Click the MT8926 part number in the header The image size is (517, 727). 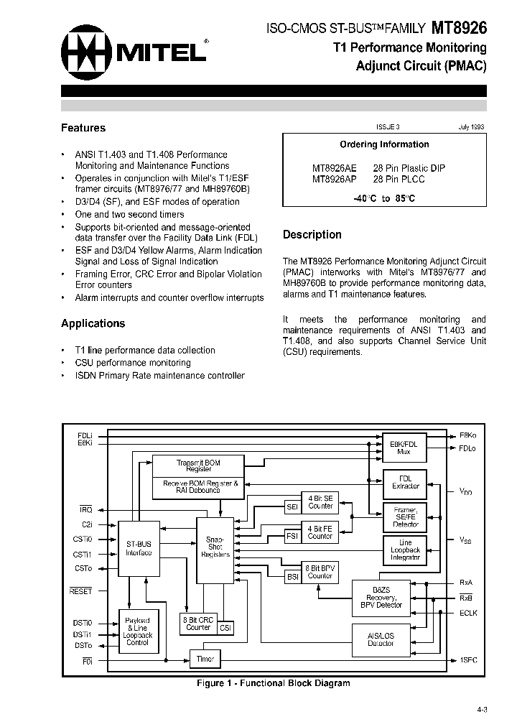pyautogui.click(x=460, y=28)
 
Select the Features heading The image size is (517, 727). pyautogui.click(x=83, y=128)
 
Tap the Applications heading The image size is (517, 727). pyautogui.click(x=93, y=323)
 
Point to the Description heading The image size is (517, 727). pyautogui.click(x=312, y=234)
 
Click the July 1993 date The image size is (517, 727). pyautogui.click(x=470, y=126)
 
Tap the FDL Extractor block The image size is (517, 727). pyautogui.click(x=405, y=481)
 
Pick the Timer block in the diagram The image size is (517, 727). pyautogui.click(x=205, y=658)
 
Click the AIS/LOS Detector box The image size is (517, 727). pyautogui.click(x=381, y=638)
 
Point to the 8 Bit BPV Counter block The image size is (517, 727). pyautogui.click(x=320, y=571)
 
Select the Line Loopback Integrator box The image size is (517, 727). pyautogui.click(x=405, y=550)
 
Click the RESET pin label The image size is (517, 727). pyautogui.click(x=80, y=591)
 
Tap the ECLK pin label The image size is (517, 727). pyautogui.click(x=467, y=613)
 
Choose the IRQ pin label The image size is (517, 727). pyautogui.click(x=85, y=509)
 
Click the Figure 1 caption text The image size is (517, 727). pyautogui.click(x=274, y=683)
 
